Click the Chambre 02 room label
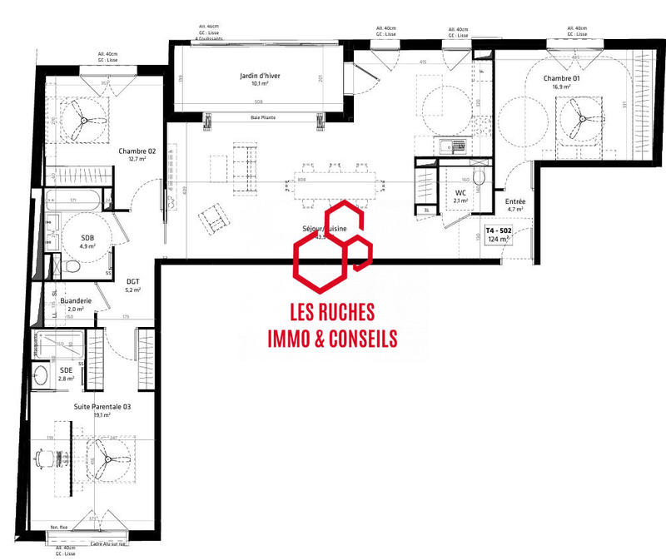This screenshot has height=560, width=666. (x=137, y=151)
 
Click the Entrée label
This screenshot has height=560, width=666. (x=515, y=201)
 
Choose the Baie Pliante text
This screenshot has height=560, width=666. (x=263, y=118)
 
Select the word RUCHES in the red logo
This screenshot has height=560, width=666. (x=345, y=313)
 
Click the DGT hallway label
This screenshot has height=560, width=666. (x=133, y=281)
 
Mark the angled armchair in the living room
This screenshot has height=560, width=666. (x=213, y=218)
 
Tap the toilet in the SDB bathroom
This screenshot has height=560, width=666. (x=72, y=266)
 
